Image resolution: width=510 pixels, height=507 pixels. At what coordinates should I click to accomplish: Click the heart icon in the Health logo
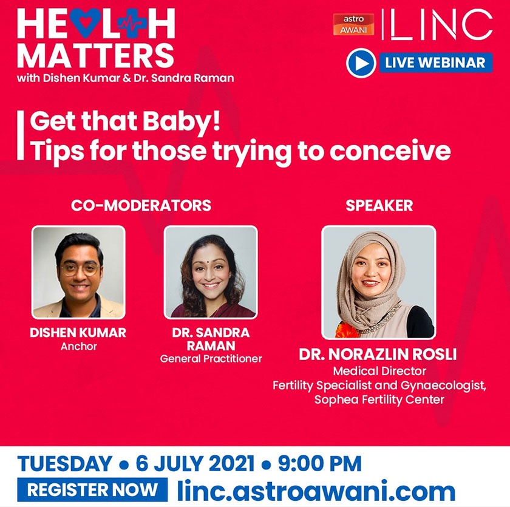[x=85, y=22]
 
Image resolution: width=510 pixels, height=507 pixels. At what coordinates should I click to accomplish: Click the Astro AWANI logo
[x=353, y=24]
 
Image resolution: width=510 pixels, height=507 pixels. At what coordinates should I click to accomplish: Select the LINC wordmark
[x=437, y=24]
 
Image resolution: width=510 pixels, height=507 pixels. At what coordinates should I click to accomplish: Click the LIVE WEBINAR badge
[x=420, y=63]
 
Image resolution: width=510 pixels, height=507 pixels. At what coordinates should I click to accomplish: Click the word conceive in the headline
[x=390, y=151]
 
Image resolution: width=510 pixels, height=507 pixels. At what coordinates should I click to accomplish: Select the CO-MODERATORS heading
[x=141, y=205]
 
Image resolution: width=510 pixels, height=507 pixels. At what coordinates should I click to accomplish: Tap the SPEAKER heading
[x=379, y=205]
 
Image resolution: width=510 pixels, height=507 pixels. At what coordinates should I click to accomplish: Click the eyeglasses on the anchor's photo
[x=80, y=269]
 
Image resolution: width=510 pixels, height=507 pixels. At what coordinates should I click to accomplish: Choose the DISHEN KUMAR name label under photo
[x=78, y=333]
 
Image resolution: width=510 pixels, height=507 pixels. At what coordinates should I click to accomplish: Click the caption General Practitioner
[x=211, y=359]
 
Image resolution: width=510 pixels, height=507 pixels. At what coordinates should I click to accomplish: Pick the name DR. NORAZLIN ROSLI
[x=378, y=355]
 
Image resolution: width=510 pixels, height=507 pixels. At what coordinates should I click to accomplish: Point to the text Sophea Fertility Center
[x=379, y=400]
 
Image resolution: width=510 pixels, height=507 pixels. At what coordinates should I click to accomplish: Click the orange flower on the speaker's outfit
[x=347, y=330]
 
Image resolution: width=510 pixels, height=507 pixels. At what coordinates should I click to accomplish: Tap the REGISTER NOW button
[x=92, y=490]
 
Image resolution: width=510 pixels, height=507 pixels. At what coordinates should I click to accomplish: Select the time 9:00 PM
[x=320, y=463]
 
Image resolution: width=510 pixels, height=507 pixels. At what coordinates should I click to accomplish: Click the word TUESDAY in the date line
[x=65, y=463]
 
